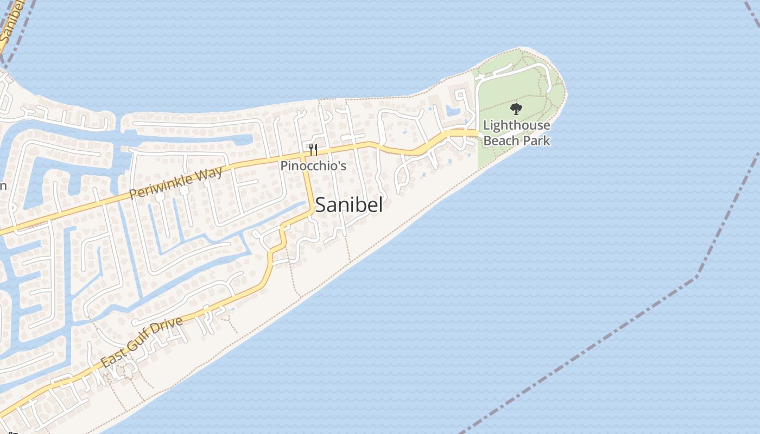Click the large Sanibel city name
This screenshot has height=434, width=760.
349,205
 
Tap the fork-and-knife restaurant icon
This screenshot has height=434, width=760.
313,149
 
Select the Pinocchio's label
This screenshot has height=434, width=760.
313,165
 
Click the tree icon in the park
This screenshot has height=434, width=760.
516,109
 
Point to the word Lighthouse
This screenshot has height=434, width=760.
516,126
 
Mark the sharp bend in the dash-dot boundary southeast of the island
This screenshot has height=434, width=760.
696,278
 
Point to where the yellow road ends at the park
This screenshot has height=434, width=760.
477,133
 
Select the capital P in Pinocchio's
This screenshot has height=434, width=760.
284,165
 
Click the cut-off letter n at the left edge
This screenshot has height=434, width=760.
3,186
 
